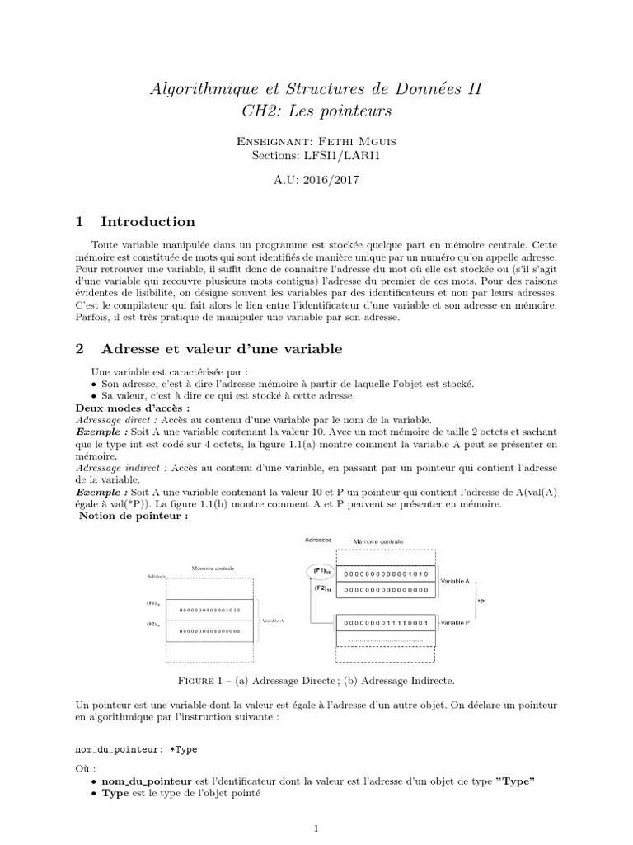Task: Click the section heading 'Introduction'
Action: click(x=148, y=221)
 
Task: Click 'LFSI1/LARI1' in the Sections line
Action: click(x=346, y=155)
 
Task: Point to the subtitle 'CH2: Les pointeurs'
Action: click(x=316, y=110)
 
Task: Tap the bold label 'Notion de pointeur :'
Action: click(x=134, y=517)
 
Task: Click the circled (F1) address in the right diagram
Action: click(x=320, y=571)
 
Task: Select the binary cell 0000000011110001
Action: click(x=385, y=621)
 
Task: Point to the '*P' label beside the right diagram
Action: click(x=481, y=602)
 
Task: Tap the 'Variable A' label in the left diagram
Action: click(x=272, y=619)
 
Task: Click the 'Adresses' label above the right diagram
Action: click(x=318, y=541)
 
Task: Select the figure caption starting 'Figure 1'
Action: click(x=316, y=681)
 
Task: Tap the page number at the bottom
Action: click(x=316, y=827)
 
